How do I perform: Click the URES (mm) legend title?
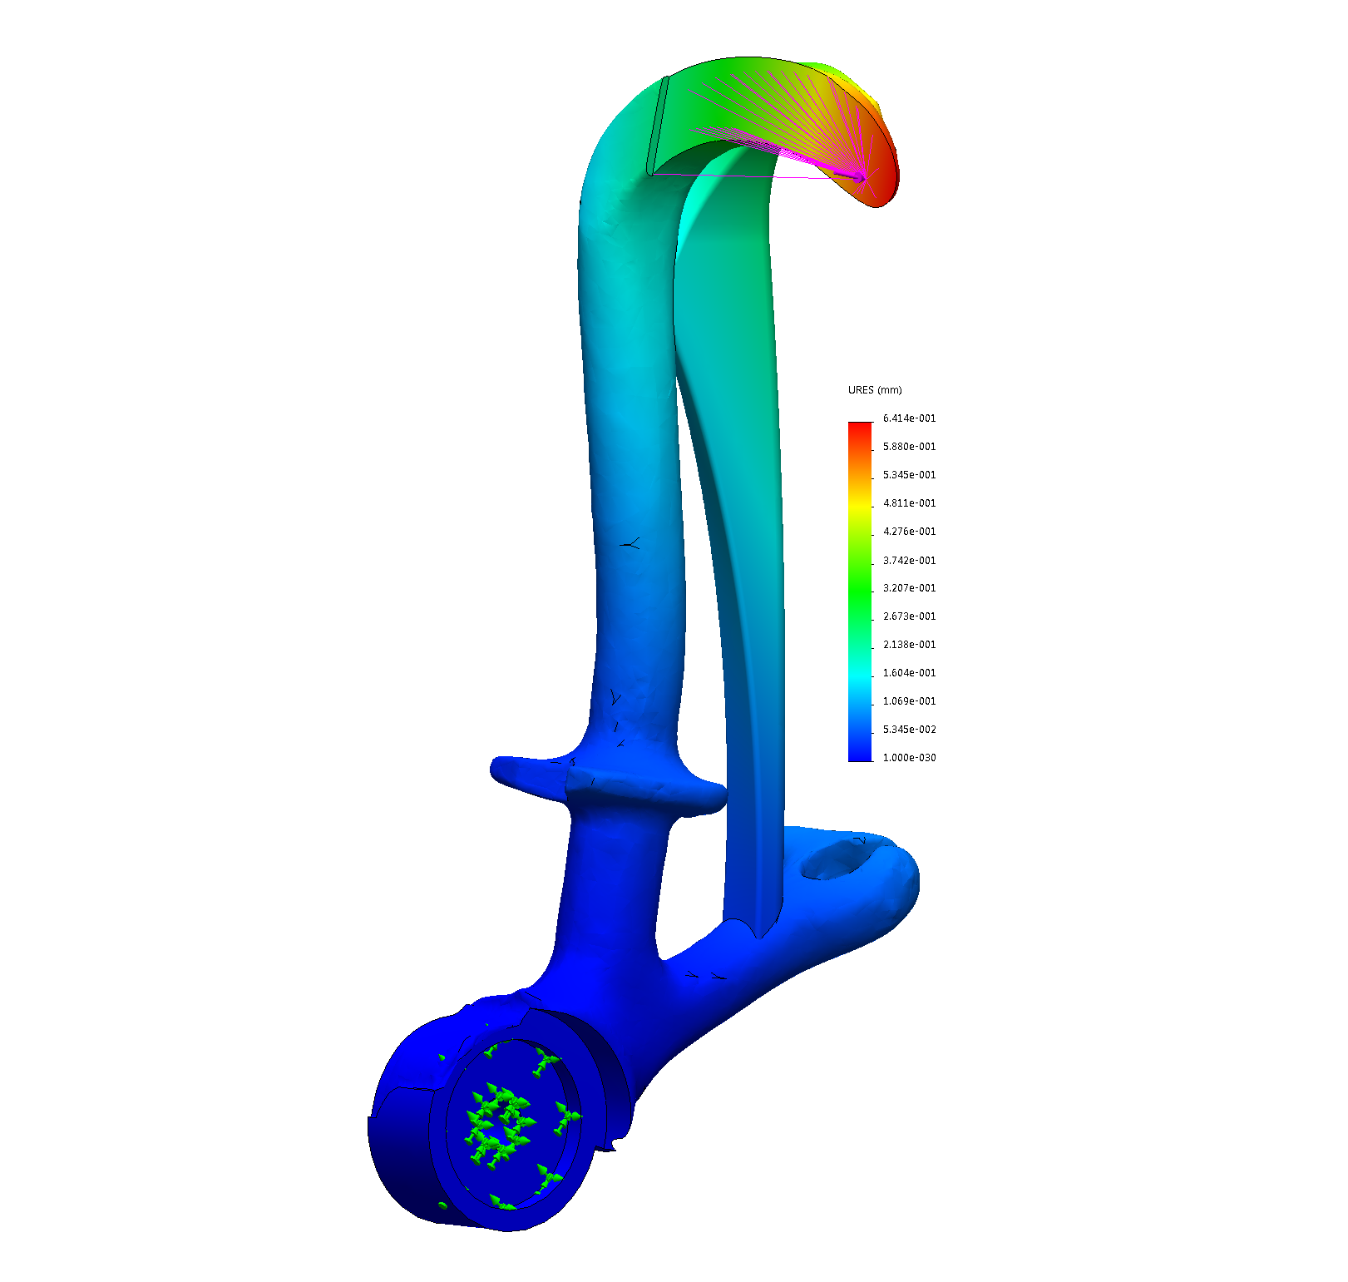click(875, 390)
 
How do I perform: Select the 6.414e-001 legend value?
click(909, 418)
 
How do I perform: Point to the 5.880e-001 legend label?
click(909, 447)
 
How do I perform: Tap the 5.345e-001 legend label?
click(909, 475)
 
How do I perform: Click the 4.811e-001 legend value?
click(909, 503)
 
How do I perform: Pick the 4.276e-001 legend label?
click(909, 532)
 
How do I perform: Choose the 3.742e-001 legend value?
click(909, 561)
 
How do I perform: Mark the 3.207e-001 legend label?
click(909, 588)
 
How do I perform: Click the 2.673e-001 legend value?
click(909, 616)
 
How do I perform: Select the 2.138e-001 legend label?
click(909, 645)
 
